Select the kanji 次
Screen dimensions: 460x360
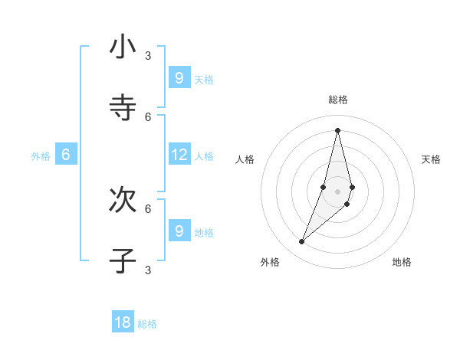123,200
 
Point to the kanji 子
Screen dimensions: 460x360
123,260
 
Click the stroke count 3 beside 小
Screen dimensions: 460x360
148,55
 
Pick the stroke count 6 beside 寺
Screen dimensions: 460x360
148,116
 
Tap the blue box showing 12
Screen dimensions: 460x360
179,155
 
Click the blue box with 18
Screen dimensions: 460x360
123,322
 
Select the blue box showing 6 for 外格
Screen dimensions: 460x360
66,155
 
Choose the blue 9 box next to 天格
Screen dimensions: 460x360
179,78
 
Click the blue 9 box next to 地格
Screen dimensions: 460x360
179,231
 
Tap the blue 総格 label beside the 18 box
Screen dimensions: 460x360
147,324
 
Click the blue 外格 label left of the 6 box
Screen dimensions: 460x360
41,156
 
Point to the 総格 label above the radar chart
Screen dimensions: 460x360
338,100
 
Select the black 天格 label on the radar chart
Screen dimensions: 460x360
432,159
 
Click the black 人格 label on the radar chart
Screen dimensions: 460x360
245,159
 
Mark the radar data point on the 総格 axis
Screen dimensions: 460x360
338,129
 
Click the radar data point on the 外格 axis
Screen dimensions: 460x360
302,242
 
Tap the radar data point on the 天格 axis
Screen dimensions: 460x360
353,187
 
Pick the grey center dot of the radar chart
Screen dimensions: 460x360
338,191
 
